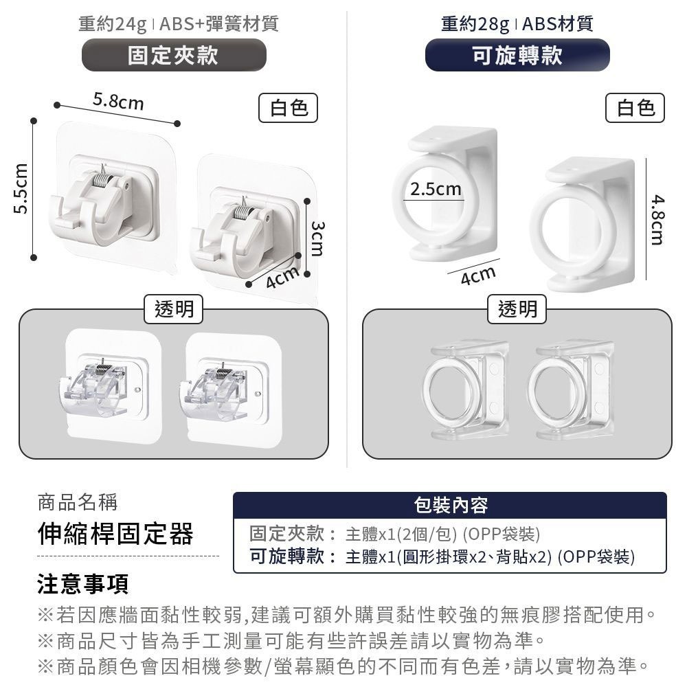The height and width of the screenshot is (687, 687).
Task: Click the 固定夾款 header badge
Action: pos(174,55)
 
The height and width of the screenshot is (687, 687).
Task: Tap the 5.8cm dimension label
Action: pos(119,103)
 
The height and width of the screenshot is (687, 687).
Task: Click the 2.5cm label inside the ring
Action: pos(436,188)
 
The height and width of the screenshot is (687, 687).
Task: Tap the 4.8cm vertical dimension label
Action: pos(658,219)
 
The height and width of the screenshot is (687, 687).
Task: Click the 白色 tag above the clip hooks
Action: pos(289,107)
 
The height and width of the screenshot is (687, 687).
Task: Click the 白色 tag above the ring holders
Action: pos(635,107)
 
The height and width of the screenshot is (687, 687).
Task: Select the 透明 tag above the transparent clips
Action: pos(174,310)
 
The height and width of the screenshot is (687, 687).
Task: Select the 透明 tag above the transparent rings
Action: pos(517,310)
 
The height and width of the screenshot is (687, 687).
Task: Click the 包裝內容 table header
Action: pos(451,506)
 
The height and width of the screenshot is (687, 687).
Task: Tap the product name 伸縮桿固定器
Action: pos(115,534)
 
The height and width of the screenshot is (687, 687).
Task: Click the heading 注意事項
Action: pos(82,584)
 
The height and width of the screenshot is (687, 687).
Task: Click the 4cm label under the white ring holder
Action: pos(478,275)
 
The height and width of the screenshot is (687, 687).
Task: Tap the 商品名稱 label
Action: pos(78,502)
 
